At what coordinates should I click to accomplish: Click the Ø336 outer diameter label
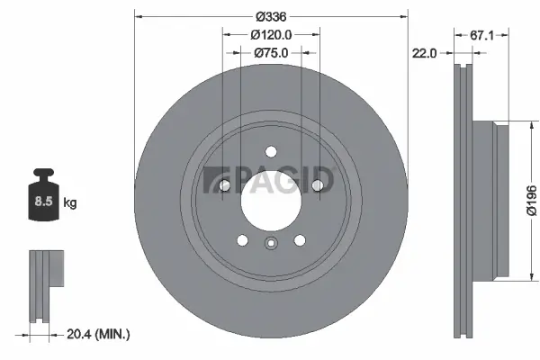click(270, 16)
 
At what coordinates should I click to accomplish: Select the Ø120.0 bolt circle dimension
click(270, 34)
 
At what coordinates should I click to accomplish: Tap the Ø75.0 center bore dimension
click(270, 53)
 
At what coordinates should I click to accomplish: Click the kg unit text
click(70, 203)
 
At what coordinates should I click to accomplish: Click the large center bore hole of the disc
click(270, 198)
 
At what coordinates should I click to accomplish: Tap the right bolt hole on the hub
click(317, 186)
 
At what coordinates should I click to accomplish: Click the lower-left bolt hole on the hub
click(241, 240)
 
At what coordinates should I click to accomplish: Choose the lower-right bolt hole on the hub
click(299, 240)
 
